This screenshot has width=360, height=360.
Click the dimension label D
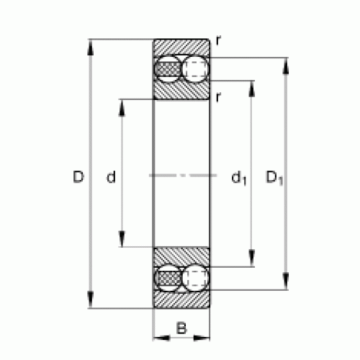click(x=78, y=177)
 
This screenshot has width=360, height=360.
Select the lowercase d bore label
click(x=111, y=177)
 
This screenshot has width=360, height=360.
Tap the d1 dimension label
click(x=239, y=178)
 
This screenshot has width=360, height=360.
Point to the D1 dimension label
click(x=274, y=178)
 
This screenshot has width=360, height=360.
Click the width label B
click(x=181, y=328)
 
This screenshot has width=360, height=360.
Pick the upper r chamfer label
click(x=218, y=40)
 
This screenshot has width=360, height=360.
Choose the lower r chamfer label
click(x=218, y=97)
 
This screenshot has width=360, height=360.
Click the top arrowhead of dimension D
click(x=90, y=48)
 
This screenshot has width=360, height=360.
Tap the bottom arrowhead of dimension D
click(x=90, y=300)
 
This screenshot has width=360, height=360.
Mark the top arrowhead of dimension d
click(x=122, y=108)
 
